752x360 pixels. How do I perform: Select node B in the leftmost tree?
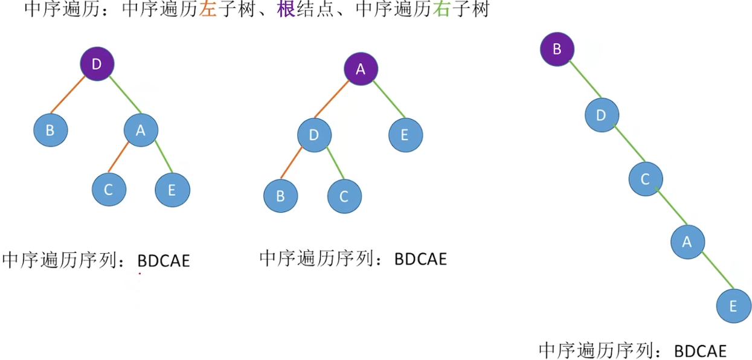coord(51,129)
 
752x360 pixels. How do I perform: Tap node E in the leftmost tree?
coord(172,190)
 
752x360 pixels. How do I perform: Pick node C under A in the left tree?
coord(109,189)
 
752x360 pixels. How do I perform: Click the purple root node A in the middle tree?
coord(361,69)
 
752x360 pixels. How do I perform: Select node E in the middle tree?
coord(405,135)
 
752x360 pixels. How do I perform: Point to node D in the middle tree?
coord(314,135)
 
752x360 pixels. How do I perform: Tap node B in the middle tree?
coord(280,196)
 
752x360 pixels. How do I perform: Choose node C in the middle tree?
coord(344,196)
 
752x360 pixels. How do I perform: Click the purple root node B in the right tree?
coord(557,49)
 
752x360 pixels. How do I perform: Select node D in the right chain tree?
coord(602,114)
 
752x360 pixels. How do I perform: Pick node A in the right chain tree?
coord(687,242)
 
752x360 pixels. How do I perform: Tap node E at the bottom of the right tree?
coord(733,306)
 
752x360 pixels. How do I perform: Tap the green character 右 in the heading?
coord(441,10)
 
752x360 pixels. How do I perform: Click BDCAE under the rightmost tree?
coord(700,350)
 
